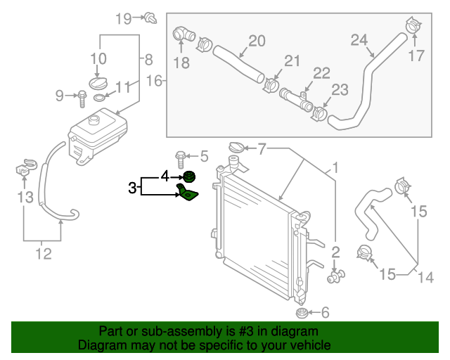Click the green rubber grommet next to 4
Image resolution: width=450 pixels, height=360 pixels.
[x=188, y=176]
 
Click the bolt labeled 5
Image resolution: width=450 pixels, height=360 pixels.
[x=180, y=156]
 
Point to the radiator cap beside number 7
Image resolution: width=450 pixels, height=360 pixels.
[x=237, y=148]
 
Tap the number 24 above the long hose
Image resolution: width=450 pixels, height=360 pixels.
[x=360, y=40]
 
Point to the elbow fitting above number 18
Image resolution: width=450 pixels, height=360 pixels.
[x=181, y=34]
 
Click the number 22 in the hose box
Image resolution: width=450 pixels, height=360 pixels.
[x=321, y=72]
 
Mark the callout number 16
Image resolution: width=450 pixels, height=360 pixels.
[x=153, y=82]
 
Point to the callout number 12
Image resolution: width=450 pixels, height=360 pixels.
[x=43, y=254]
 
